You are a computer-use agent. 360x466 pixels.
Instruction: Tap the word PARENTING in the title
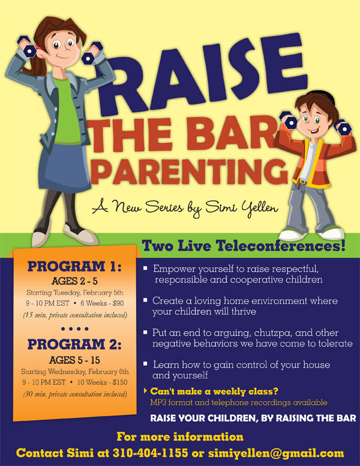tap(190, 172)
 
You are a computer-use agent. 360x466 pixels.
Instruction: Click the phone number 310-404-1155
tap(150, 453)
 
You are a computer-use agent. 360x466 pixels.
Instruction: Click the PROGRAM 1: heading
tap(74, 266)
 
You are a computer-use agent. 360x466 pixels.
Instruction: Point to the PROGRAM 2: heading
tap(74, 345)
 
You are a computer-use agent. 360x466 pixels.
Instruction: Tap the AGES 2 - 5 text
tap(74, 281)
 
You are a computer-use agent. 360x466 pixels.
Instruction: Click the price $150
tap(120, 382)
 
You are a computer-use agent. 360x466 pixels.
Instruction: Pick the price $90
tap(118, 303)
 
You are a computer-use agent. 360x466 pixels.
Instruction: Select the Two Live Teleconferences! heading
tap(244, 246)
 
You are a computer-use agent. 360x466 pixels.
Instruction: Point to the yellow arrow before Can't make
tap(145, 391)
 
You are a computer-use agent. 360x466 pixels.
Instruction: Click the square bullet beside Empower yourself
tap(145, 268)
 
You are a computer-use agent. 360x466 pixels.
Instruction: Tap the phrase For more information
tap(180, 437)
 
